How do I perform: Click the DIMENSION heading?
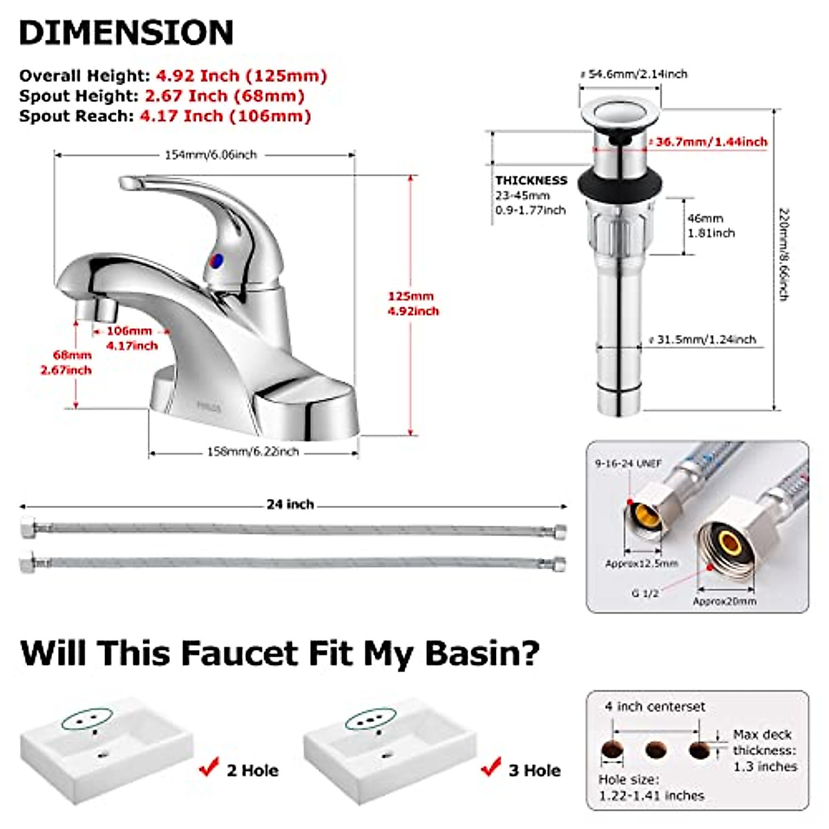pyautogui.click(x=126, y=32)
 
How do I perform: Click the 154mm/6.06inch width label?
pyautogui.click(x=211, y=155)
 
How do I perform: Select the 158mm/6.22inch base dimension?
pyautogui.click(x=253, y=452)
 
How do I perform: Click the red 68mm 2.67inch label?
pyautogui.click(x=73, y=363)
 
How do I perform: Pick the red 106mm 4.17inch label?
pyautogui.click(x=131, y=338)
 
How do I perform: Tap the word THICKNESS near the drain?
pyautogui.click(x=531, y=180)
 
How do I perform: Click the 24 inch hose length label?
pyautogui.click(x=290, y=504)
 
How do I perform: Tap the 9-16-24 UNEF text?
pyautogui.click(x=628, y=464)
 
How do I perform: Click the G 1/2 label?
pyautogui.click(x=645, y=593)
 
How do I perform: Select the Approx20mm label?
pyautogui.click(x=724, y=601)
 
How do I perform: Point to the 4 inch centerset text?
pyautogui.click(x=655, y=707)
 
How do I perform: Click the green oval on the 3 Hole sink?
pyautogui.click(x=372, y=720)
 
